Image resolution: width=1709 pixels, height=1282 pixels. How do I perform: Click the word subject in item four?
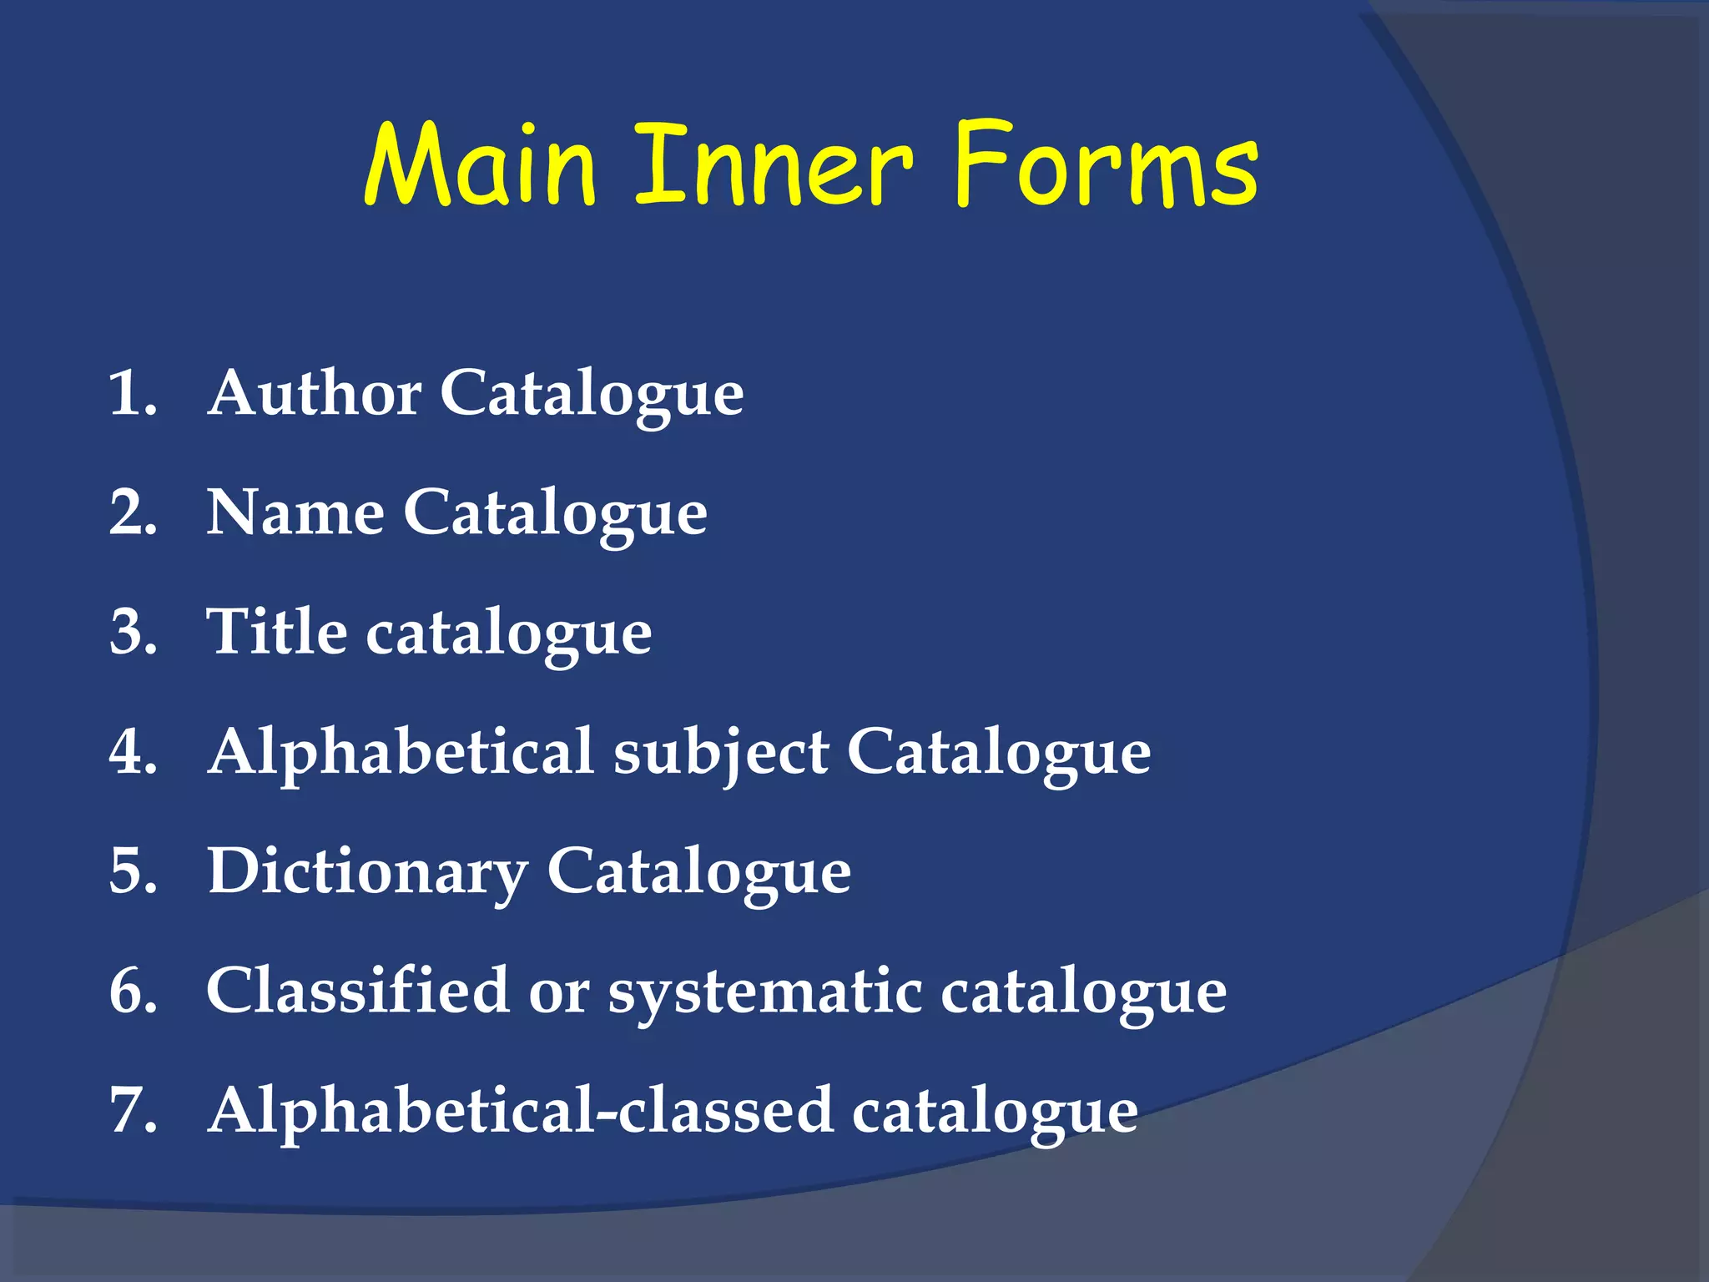coord(721,753)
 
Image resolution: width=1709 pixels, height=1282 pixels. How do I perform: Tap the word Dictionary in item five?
coord(367,872)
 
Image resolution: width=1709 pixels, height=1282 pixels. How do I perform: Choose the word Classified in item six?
coord(358,991)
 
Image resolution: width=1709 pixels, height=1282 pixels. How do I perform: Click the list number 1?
coord(132,393)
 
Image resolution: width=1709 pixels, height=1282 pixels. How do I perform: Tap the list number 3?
coord(132,632)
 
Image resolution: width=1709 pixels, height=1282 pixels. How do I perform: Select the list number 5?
coord(132,872)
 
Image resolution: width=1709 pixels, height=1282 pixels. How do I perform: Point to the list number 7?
coord(132,1111)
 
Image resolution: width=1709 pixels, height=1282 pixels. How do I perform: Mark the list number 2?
coord(132,512)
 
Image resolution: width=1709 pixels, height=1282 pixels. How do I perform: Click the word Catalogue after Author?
coord(592,394)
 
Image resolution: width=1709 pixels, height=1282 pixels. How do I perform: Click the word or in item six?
coord(558,992)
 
